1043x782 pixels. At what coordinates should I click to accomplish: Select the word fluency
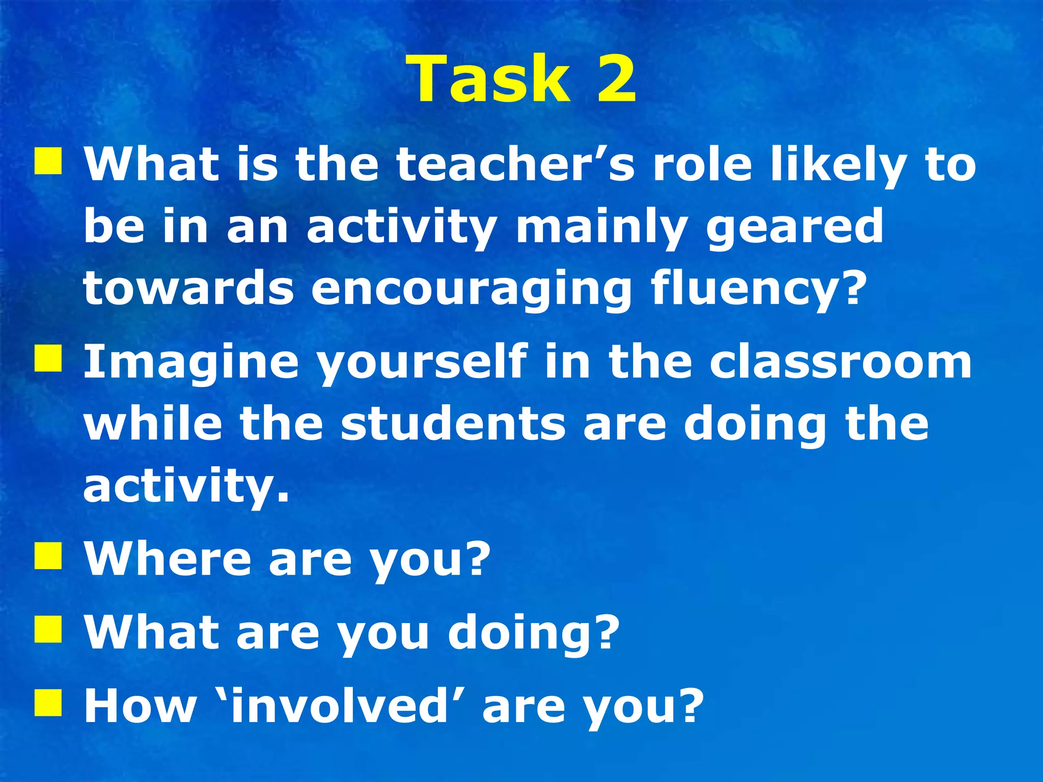757,289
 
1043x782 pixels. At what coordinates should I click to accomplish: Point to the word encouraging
472,289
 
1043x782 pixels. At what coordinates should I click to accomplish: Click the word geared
794,228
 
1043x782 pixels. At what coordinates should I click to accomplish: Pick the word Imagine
191,362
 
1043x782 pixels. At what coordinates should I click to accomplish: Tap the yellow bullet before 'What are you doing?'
48,629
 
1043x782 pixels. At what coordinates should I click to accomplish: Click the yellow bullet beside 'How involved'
48,703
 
